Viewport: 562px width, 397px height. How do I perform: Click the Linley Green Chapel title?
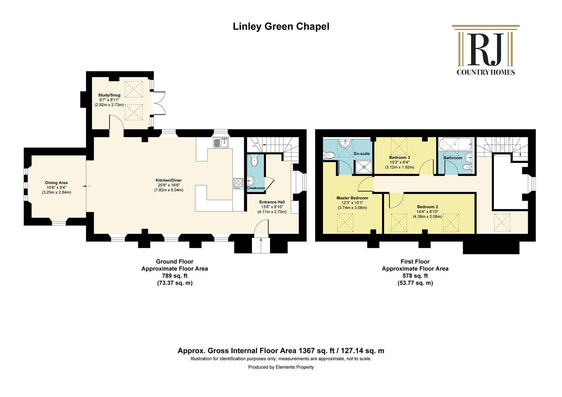(281, 26)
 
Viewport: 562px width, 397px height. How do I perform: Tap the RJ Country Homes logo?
(486, 50)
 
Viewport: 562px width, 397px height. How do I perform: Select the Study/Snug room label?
(109, 95)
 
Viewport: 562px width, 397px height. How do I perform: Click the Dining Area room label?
(56, 183)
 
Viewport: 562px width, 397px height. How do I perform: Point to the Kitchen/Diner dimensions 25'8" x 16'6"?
(168, 185)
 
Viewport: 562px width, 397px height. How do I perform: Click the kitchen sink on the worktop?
(221, 143)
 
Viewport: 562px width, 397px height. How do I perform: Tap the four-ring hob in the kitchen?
(238, 183)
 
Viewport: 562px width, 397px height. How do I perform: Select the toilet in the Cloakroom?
(254, 161)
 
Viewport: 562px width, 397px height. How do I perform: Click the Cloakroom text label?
(256, 188)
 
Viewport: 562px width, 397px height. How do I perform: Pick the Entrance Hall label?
(272, 202)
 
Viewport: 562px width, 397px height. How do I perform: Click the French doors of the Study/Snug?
(159, 103)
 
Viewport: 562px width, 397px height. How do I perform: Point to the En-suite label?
(362, 154)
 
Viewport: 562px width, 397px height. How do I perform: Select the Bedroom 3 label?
(399, 157)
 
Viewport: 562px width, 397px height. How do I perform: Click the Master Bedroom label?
(352, 198)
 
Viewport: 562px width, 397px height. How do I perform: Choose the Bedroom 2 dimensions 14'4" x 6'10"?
(427, 212)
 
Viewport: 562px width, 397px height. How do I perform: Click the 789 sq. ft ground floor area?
(175, 276)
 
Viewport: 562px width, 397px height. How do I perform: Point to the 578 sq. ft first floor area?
(415, 276)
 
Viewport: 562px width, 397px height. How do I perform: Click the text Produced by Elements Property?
(281, 367)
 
